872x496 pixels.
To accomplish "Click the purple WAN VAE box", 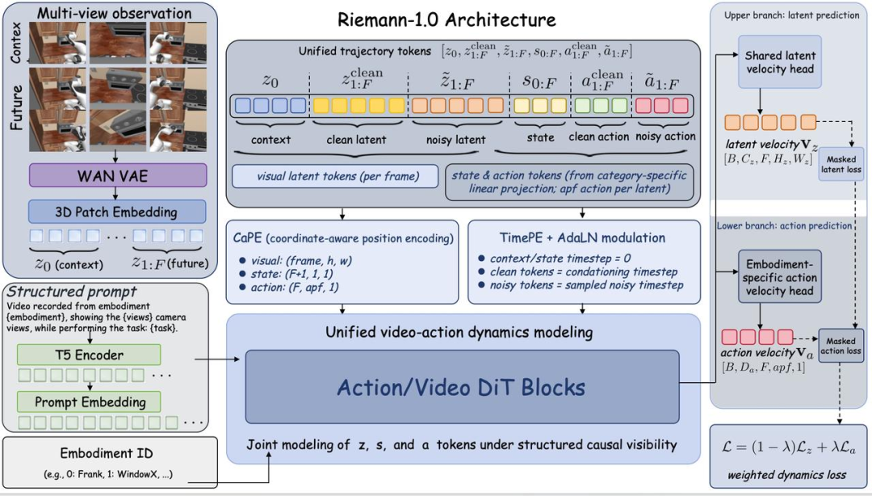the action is click(118, 175).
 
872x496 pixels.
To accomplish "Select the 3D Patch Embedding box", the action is click(117, 212).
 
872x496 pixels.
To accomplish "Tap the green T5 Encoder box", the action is click(89, 355).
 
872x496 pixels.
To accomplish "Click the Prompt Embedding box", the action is click(89, 401).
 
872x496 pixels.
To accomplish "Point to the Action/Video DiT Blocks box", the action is click(462, 387).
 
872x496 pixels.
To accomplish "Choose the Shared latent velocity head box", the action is click(780, 61).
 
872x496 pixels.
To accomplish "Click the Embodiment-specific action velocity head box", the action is click(780, 276).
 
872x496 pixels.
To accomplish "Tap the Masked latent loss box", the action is click(841, 164).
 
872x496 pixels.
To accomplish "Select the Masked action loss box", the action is click(841, 346).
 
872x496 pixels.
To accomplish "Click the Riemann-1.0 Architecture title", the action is click(446, 20).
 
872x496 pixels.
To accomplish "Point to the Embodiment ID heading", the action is click(107, 453).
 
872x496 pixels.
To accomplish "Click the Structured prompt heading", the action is click(72, 291).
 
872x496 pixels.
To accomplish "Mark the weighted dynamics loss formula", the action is click(788, 448).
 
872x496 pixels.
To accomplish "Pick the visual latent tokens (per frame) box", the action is click(335, 176).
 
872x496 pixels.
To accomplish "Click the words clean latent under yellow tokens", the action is click(356, 140).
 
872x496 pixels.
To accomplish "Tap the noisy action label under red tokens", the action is click(665, 137).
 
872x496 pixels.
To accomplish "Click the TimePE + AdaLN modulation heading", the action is click(582, 237).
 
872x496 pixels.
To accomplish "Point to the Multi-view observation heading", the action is click(114, 13).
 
